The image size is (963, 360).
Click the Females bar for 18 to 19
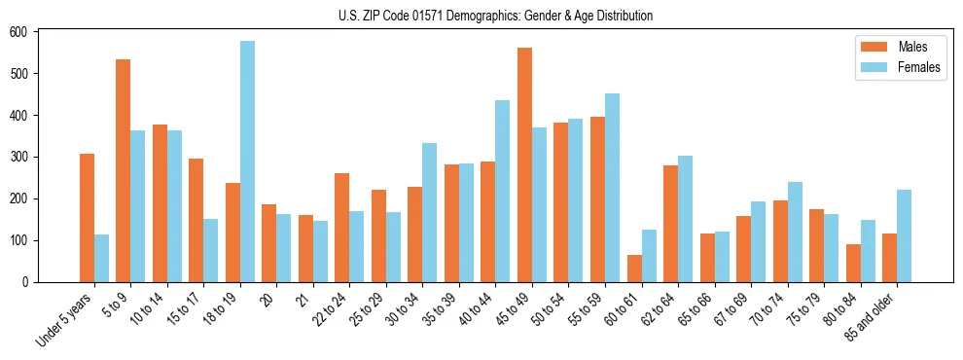[x=247, y=162]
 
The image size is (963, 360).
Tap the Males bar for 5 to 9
[x=124, y=171]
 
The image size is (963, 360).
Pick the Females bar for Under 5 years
[x=101, y=258]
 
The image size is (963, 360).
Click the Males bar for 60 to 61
[x=634, y=269]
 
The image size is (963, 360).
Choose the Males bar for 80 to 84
[x=853, y=264]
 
